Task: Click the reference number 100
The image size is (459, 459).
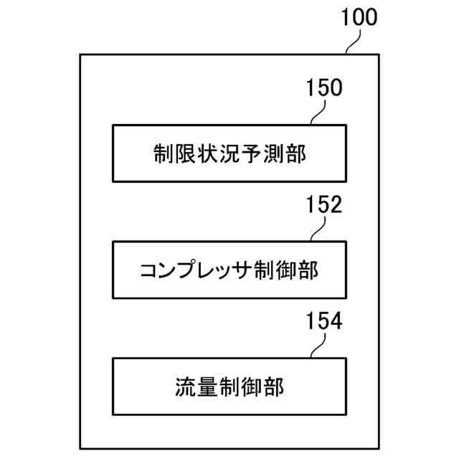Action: coord(359,18)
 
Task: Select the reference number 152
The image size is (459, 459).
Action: coord(324,205)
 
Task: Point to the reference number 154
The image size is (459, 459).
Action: coord(324,321)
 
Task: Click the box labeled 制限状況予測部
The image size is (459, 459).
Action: coord(229,153)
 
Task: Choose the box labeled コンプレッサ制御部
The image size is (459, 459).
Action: coord(229,270)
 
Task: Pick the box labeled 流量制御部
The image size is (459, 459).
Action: coord(229,387)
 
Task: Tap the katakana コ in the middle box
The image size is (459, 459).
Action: coord(151,271)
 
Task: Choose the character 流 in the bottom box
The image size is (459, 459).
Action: coord(186,387)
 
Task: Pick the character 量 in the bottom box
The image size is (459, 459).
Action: coord(208,387)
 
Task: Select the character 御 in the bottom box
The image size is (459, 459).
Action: coord(252,387)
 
